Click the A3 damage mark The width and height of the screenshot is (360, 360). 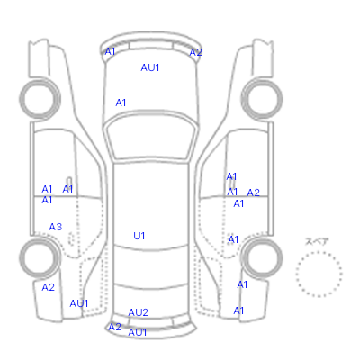coord(56,227)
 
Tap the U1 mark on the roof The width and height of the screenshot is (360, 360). coord(139,236)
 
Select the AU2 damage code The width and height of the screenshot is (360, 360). coord(139,312)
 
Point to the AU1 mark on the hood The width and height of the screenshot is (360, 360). coord(150,67)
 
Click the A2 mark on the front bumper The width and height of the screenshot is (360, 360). coord(195,52)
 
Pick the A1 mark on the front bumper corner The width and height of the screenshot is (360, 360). coord(110,51)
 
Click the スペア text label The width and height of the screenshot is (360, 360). coord(317,241)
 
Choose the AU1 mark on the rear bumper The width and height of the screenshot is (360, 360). coord(138,332)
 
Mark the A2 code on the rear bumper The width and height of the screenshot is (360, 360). coord(114,327)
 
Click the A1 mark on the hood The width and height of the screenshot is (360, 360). coord(121,103)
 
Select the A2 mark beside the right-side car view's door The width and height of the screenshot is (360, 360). coord(253,193)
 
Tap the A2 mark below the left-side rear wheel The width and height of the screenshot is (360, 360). coord(48,287)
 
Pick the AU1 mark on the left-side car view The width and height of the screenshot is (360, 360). coord(79,303)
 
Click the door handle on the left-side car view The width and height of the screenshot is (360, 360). coord(69,182)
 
